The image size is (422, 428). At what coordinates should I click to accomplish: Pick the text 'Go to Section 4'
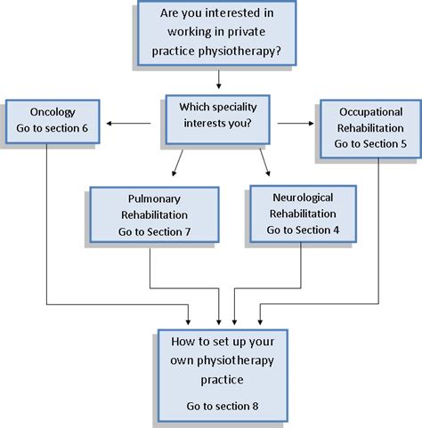[303, 230]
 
